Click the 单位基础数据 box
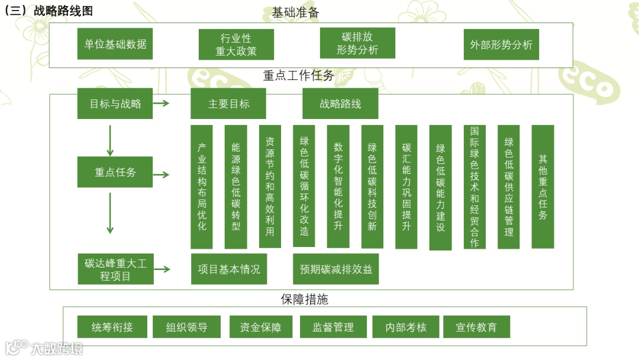115,44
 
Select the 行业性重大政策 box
236,45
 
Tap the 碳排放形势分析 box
357,43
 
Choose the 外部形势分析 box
501,44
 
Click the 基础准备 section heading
296,12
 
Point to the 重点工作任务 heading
299,76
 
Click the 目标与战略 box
115,104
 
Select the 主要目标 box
228,104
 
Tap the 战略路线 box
340,104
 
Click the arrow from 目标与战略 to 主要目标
162,104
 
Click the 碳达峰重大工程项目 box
116,269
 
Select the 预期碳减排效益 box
336,269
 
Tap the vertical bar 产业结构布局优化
202,187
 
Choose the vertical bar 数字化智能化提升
338,186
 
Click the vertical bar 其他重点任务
543,187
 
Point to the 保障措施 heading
304,300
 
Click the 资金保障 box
260,327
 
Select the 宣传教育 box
476,327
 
